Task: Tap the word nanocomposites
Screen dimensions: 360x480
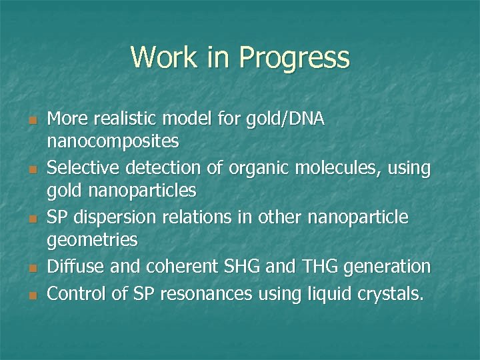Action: point(113,141)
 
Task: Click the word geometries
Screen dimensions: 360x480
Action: point(93,240)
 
